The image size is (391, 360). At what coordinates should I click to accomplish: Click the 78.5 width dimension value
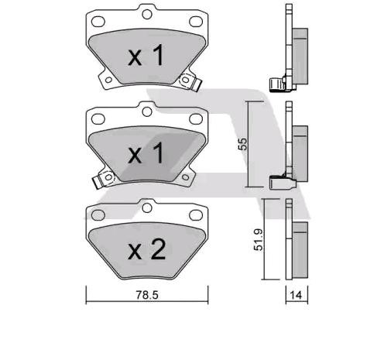(x=147, y=295)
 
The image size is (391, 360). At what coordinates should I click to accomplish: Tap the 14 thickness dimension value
(x=296, y=295)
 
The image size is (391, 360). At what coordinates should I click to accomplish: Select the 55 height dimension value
(x=243, y=144)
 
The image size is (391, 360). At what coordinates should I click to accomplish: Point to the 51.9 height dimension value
(x=259, y=239)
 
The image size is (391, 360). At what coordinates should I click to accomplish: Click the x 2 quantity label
(x=146, y=249)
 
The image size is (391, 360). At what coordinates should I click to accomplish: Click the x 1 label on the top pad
(x=146, y=55)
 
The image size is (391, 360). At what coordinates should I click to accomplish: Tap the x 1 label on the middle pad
(x=146, y=153)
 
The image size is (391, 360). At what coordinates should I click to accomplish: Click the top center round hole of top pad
(x=147, y=14)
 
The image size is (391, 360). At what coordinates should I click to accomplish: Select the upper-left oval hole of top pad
(x=98, y=22)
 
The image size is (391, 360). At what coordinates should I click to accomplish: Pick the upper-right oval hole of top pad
(x=196, y=22)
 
